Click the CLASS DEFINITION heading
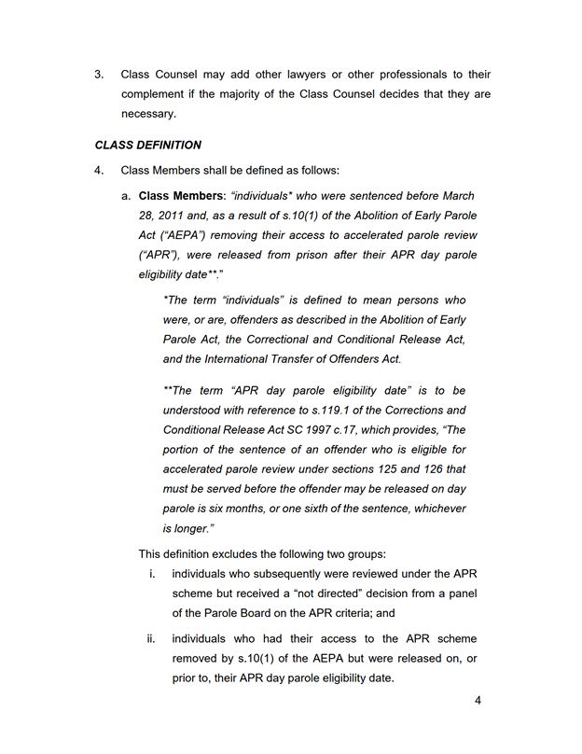point(147,146)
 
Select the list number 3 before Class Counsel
point(99,75)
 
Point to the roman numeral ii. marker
point(150,639)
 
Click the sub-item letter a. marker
point(126,196)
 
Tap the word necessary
point(147,114)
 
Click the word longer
point(195,527)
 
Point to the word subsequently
point(278,573)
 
